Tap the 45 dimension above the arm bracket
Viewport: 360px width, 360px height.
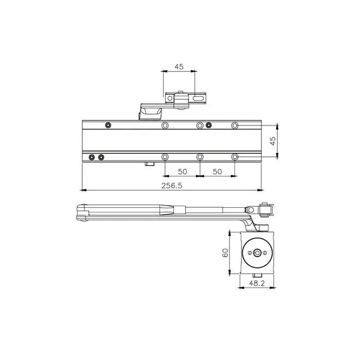coord(179,67)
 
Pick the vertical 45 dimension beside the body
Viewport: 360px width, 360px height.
coord(274,139)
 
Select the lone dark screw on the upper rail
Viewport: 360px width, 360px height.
coord(108,125)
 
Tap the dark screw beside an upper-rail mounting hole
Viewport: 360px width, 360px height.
coord(208,125)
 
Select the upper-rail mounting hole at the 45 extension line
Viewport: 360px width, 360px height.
coord(235,125)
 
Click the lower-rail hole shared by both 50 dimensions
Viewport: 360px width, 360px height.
coord(200,157)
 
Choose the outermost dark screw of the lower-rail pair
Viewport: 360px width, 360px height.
coord(92,157)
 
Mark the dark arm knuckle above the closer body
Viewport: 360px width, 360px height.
coord(150,111)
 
